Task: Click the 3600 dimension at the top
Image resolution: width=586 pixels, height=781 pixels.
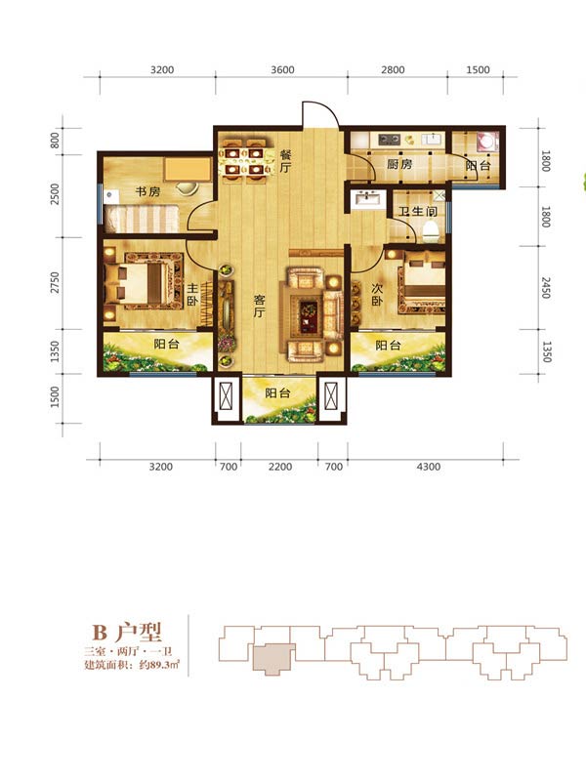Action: pos(282,69)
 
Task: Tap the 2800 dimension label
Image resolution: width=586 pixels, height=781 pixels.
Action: pos(393,69)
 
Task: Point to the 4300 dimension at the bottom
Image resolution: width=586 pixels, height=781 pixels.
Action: pos(429,467)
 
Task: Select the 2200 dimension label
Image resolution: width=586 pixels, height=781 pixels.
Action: pos(280,467)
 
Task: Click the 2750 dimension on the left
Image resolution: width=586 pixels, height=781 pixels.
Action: pos(55,282)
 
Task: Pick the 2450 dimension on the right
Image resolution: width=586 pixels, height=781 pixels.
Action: pos(546,288)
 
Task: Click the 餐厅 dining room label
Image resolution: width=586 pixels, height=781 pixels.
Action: pos(284,160)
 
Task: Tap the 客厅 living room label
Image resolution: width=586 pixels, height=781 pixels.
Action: pos(259,306)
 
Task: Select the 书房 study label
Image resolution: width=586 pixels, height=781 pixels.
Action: pos(148,191)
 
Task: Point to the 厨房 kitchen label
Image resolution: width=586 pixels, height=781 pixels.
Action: pos(399,164)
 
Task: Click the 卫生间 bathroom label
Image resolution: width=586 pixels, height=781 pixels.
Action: pos(418,211)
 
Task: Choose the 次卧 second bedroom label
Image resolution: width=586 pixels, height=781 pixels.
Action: pos(377,295)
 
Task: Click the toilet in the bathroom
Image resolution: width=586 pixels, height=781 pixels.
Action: pos(430,231)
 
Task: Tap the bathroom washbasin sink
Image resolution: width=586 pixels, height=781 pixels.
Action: pos(367,200)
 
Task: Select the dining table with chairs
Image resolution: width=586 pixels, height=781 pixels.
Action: pos(245,160)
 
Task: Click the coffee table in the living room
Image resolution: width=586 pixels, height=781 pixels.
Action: pos(307,314)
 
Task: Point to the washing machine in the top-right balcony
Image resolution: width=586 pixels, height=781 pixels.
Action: pos(486,142)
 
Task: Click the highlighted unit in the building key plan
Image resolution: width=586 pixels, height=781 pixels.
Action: pos(273,659)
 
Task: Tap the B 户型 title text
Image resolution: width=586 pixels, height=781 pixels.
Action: pos(127,632)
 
